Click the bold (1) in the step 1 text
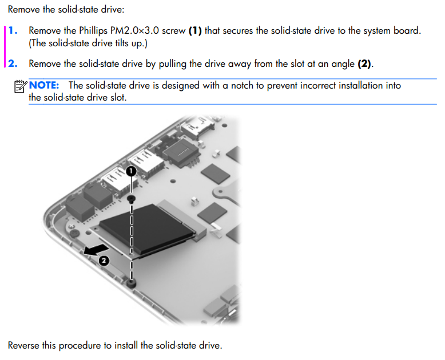[195, 30]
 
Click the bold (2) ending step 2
[365, 64]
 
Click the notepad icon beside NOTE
[20, 86]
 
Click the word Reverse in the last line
[25, 345]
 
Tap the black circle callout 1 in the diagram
[131, 171]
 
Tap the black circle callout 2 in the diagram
[104, 261]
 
